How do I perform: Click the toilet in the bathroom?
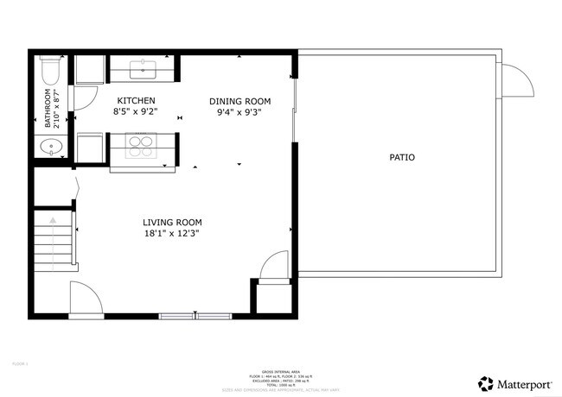click(x=50, y=68)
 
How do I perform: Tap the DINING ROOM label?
click(x=234, y=101)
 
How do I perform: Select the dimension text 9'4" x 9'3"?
click(x=234, y=112)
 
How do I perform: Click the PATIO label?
click(x=401, y=158)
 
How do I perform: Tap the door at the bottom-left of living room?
click(x=85, y=298)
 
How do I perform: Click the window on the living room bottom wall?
click(x=196, y=315)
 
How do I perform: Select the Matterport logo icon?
click(x=486, y=382)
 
